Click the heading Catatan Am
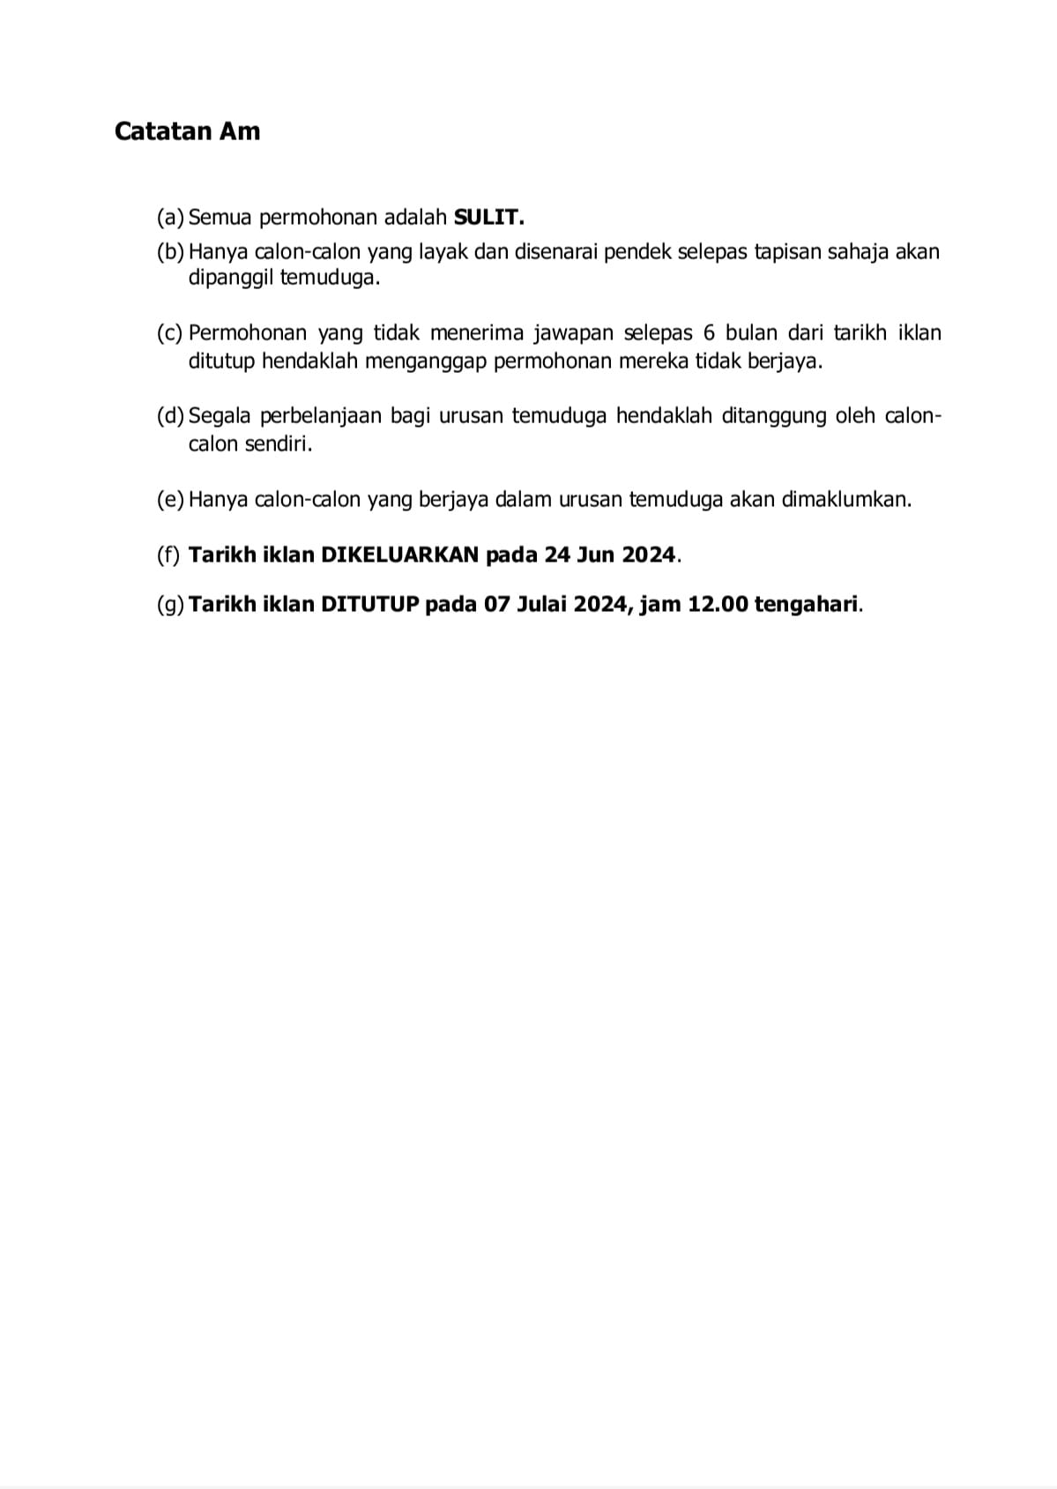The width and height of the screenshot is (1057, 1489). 187,131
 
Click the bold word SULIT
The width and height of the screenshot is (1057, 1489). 488,216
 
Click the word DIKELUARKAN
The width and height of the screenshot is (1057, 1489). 399,555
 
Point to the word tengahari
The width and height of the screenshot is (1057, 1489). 807,605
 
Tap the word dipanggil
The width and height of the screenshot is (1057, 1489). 230,279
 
